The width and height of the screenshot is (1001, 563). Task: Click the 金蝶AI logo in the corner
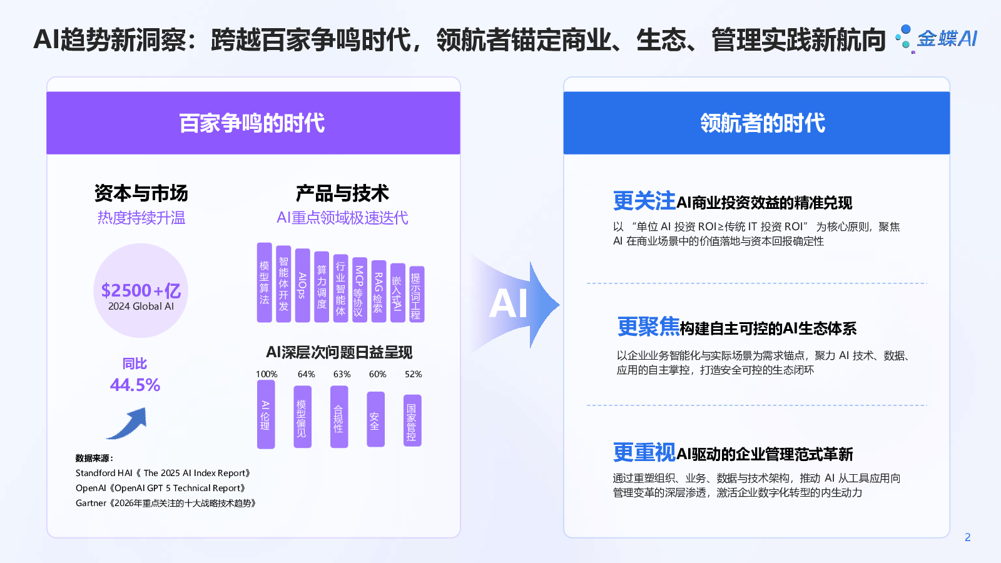tap(937, 39)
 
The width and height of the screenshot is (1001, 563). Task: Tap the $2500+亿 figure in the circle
tap(141, 291)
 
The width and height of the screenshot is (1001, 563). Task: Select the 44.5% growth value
tap(135, 385)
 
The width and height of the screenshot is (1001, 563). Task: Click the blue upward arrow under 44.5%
tap(128, 424)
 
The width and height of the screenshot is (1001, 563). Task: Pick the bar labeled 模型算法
tap(265, 283)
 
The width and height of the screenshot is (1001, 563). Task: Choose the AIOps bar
tap(302, 285)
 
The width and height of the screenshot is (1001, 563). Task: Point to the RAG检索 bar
tap(379, 292)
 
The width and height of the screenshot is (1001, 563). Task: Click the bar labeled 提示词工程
tap(416, 295)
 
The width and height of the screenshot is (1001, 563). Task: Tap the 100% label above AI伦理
tap(267, 374)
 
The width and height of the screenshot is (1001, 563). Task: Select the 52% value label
tap(413, 374)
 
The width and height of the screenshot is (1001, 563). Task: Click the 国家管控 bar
tap(412, 420)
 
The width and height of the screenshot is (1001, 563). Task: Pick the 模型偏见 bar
tap(302, 417)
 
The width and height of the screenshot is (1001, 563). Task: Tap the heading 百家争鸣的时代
tap(253, 123)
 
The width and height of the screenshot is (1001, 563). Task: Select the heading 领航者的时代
tap(763, 123)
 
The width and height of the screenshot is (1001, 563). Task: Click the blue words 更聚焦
tap(648, 327)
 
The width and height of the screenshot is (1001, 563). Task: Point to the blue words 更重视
tap(644, 452)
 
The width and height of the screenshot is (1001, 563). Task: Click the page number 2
tap(967, 537)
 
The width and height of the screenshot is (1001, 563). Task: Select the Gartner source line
tap(166, 503)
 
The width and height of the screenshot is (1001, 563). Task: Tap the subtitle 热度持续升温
tap(141, 218)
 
